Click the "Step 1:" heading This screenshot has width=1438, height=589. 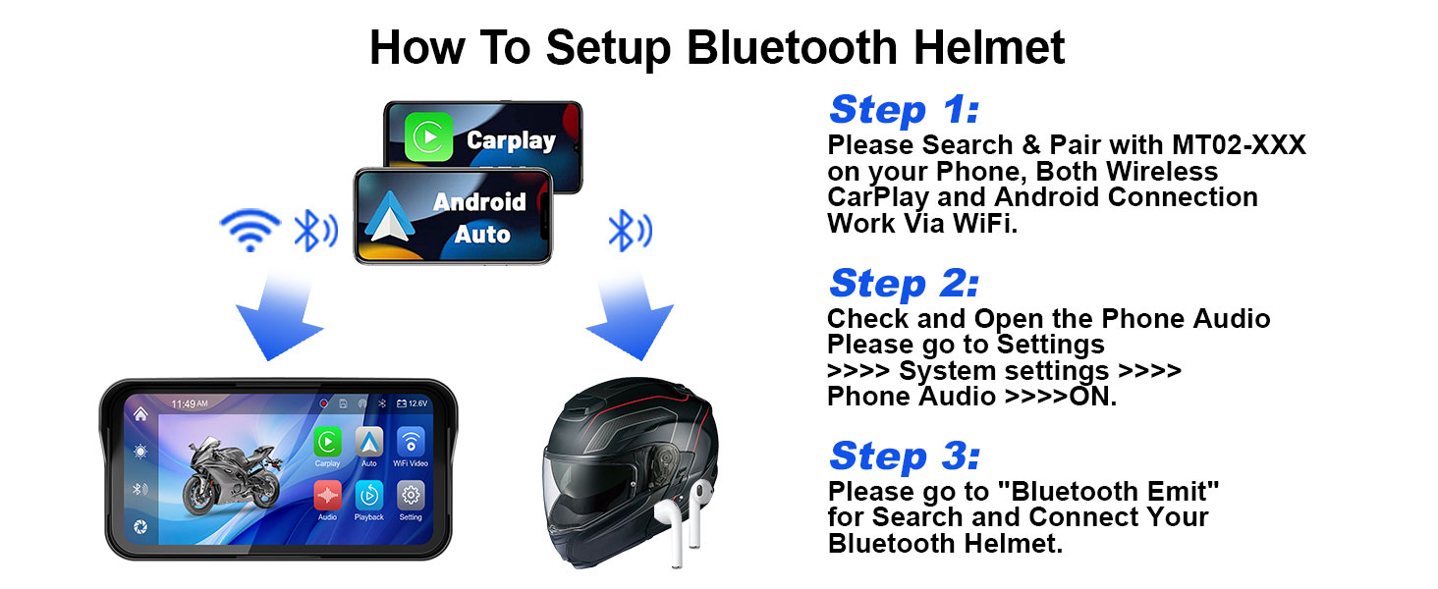pyautogui.click(x=904, y=110)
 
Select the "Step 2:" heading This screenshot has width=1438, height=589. pyautogui.click(x=904, y=284)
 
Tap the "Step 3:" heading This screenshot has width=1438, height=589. pyautogui.click(x=905, y=456)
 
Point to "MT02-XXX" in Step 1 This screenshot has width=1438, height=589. pyautogui.click(x=1239, y=145)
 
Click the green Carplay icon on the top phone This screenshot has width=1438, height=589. pyautogui.click(x=428, y=136)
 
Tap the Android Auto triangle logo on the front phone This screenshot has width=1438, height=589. pyautogui.click(x=388, y=217)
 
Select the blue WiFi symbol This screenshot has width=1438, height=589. pyautogui.click(x=250, y=230)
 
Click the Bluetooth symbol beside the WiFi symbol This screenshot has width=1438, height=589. pyautogui.click(x=315, y=230)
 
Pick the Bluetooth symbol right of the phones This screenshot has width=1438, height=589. pyautogui.click(x=630, y=230)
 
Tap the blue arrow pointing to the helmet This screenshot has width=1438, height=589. pyautogui.click(x=628, y=314)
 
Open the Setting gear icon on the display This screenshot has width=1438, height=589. pyautogui.click(x=411, y=496)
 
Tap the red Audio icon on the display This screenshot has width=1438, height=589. pyautogui.click(x=327, y=496)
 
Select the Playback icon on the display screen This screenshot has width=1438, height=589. pyautogui.click(x=369, y=496)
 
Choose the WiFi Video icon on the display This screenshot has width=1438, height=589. pyautogui.click(x=411, y=442)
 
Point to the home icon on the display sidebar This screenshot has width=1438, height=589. pyautogui.click(x=140, y=414)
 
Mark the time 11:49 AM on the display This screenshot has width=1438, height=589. pyautogui.click(x=190, y=403)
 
